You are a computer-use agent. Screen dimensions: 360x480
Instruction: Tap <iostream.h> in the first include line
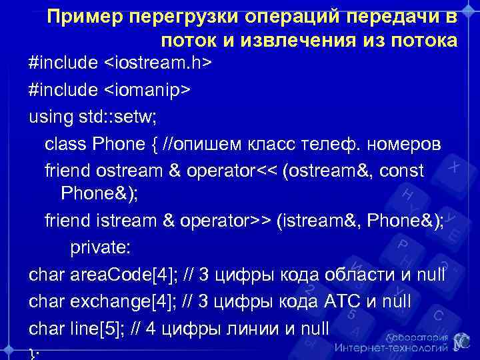pos(158,63)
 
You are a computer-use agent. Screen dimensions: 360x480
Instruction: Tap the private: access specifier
pos(101,248)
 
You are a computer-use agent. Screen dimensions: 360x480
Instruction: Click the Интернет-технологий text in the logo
pos(390,347)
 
